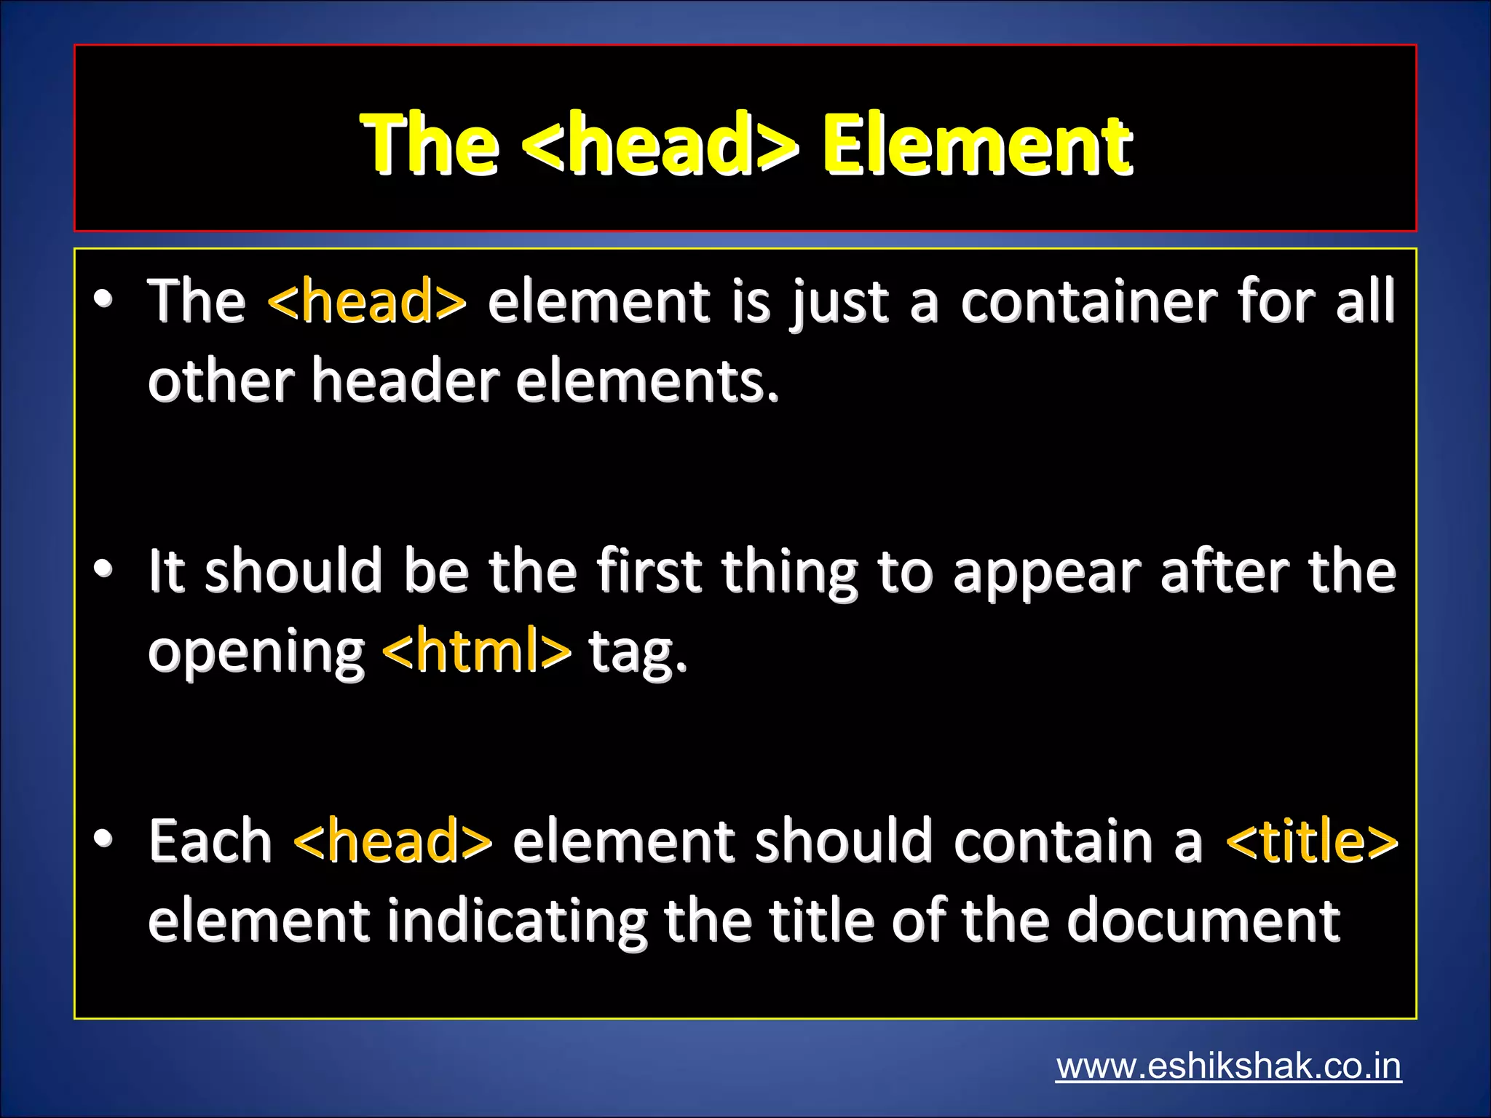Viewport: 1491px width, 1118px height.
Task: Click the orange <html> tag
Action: point(477,651)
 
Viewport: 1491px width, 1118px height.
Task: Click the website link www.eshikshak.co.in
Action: point(1228,1067)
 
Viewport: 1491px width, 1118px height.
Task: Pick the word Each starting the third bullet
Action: point(210,841)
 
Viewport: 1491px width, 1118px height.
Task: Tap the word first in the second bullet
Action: point(649,571)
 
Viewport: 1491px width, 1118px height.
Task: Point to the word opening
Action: point(256,652)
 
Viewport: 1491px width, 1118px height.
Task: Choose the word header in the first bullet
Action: point(406,381)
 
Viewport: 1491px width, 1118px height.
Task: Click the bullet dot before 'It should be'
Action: point(103,568)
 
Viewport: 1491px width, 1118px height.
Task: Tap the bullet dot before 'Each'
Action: point(103,838)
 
